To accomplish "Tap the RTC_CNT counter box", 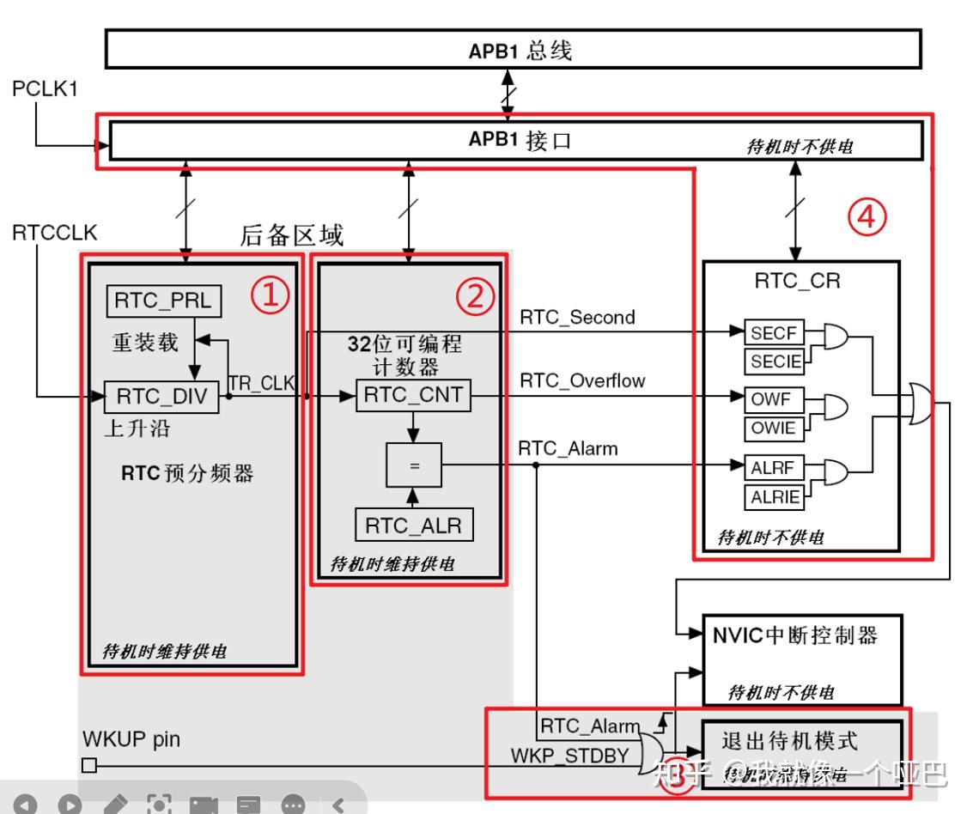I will [x=413, y=396].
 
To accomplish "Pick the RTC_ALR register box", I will [x=414, y=525].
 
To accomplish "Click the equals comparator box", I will [x=413, y=466].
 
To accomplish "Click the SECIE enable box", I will [x=774, y=361].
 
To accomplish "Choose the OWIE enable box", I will [x=774, y=428].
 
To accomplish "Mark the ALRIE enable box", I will [x=774, y=496].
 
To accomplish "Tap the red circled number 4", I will [x=867, y=217].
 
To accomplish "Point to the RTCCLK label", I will [x=55, y=233].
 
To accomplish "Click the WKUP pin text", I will [x=131, y=738].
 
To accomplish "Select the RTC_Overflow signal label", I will [x=582, y=381].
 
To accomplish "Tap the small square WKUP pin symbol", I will [x=89, y=766].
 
